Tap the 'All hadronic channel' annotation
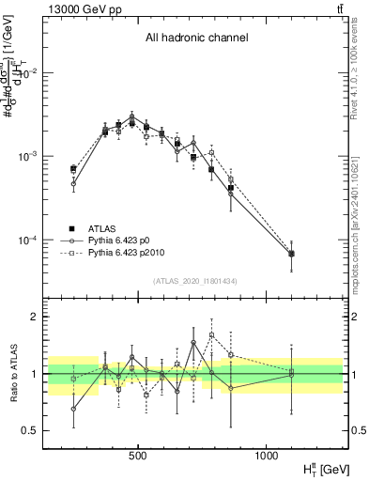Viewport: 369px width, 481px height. coord(196,39)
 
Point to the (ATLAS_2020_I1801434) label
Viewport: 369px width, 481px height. coord(196,281)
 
